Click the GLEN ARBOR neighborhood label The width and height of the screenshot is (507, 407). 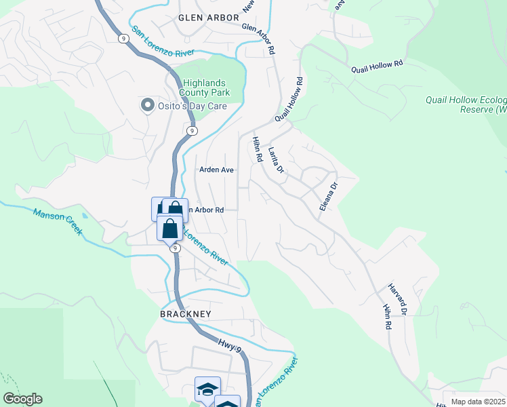[209, 17]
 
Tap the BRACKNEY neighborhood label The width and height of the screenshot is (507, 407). [186, 314]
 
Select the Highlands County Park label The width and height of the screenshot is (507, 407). [205, 88]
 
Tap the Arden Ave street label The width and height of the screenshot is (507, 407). [216, 170]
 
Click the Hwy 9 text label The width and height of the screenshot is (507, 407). [230, 346]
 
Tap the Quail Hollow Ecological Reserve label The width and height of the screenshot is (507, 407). [466, 104]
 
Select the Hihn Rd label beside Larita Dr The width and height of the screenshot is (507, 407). [258, 149]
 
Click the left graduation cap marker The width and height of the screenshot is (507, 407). [207, 389]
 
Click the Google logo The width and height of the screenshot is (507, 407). [22, 399]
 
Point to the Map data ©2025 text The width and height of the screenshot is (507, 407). [478, 402]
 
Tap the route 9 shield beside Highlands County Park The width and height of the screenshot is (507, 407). [192, 130]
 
